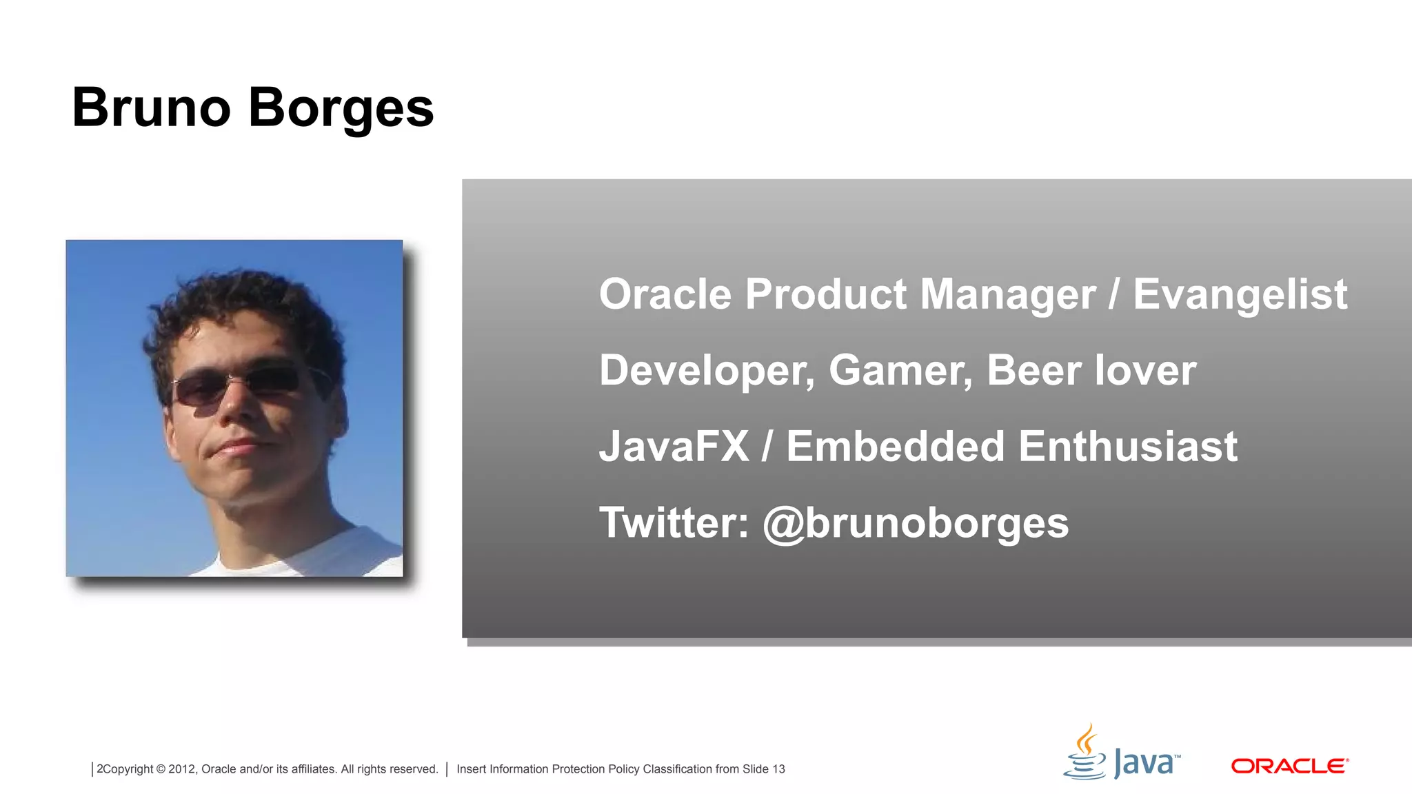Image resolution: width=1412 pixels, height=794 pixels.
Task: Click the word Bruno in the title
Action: (x=151, y=108)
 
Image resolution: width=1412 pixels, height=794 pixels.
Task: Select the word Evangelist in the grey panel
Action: (x=1240, y=295)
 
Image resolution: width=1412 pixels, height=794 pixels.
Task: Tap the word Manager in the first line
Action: (x=1007, y=295)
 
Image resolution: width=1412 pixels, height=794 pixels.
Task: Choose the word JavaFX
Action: (x=674, y=447)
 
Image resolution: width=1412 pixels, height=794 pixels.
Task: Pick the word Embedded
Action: (x=894, y=447)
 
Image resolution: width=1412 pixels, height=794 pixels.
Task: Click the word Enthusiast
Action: (x=1127, y=447)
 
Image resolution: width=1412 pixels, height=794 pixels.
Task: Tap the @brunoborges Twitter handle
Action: (x=916, y=523)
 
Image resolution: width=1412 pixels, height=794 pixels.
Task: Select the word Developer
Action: (x=706, y=371)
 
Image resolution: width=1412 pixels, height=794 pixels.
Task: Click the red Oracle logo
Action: (x=1289, y=766)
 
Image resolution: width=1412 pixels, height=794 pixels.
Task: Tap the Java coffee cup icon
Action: (x=1085, y=753)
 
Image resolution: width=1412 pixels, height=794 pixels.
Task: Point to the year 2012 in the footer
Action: (x=181, y=769)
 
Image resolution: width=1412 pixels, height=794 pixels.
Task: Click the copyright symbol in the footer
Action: (x=161, y=769)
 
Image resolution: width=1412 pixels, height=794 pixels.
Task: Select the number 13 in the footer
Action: (x=778, y=769)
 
